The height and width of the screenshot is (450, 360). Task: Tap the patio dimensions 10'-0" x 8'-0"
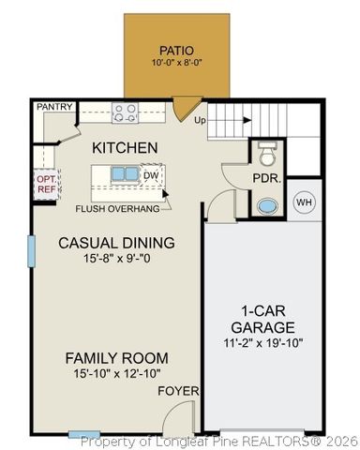click(x=176, y=64)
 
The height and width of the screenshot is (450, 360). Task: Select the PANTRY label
click(x=54, y=108)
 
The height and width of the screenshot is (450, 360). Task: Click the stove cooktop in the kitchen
click(x=125, y=113)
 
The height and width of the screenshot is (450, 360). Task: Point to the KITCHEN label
click(x=124, y=148)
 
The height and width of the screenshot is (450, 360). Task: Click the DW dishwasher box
click(x=151, y=174)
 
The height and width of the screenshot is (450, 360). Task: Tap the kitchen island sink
click(x=124, y=174)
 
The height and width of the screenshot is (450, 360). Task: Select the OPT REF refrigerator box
click(x=46, y=183)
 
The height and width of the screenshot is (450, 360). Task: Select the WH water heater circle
click(x=304, y=202)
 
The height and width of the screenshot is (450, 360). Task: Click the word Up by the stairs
click(x=200, y=121)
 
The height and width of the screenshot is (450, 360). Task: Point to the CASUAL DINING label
click(x=116, y=243)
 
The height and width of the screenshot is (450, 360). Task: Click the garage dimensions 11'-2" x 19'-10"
click(x=263, y=344)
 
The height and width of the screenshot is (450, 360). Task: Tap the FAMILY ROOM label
click(x=116, y=357)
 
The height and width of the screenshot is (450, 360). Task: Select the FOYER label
click(x=175, y=390)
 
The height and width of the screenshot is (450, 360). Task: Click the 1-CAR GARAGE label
click(x=263, y=320)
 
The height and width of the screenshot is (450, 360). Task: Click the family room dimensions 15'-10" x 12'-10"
click(x=116, y=373)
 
